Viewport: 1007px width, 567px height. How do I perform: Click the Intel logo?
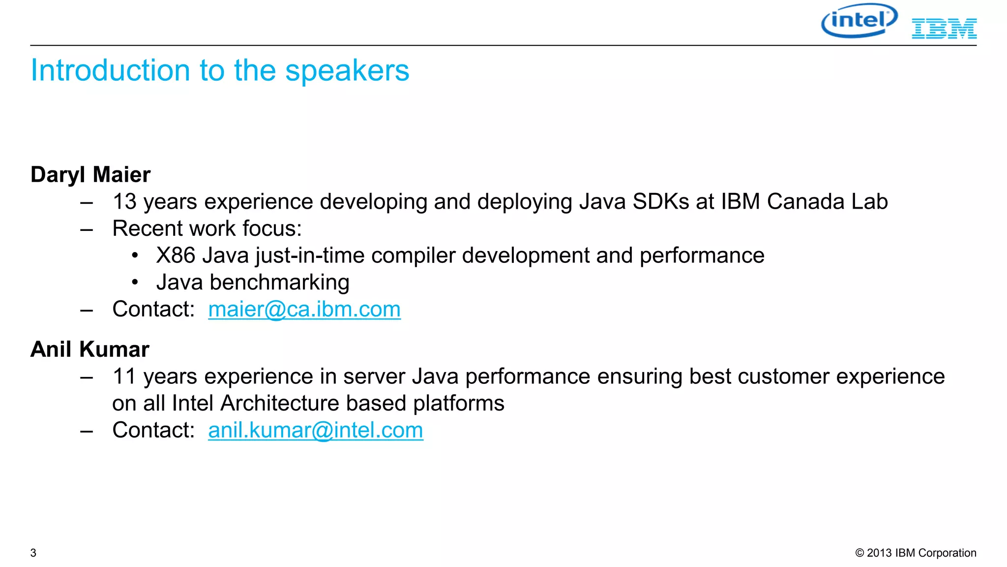pos(859,21)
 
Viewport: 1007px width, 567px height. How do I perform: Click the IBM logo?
pos(944,29)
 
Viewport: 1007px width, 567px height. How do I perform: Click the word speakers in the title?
pos(347,70)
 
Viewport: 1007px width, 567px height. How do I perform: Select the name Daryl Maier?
pos(90,175)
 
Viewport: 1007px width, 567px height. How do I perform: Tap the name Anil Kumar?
pos(89,349)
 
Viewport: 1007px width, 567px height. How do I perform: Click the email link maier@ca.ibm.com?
pos(304,310)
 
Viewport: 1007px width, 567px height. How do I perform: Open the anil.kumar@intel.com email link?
pos(315,430)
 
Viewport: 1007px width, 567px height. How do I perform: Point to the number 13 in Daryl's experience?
pos(124,202)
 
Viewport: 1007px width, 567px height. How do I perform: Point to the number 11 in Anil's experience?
pos(124,377)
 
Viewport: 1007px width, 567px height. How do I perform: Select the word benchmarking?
pos(279,283)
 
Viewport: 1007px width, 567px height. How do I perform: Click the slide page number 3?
pos(33,553)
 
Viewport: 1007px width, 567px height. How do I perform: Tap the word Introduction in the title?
pos(110,70)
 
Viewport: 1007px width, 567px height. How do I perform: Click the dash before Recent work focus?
pos(87,229)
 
